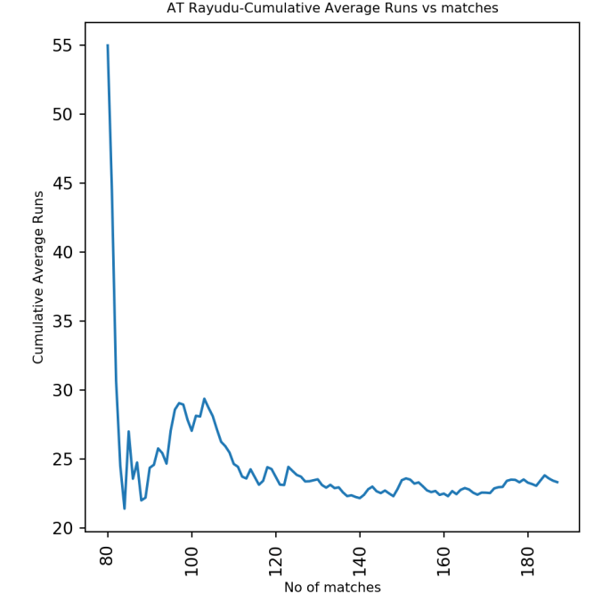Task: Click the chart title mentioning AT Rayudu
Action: [x=332, y=8]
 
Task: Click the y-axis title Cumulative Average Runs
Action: [x=38, y=276]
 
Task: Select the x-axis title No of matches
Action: [x=332, y=588]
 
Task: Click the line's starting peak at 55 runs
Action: [x=108, y=45]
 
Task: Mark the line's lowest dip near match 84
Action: [x=125, y=508]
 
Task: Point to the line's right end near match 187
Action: [x=557, y=483]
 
